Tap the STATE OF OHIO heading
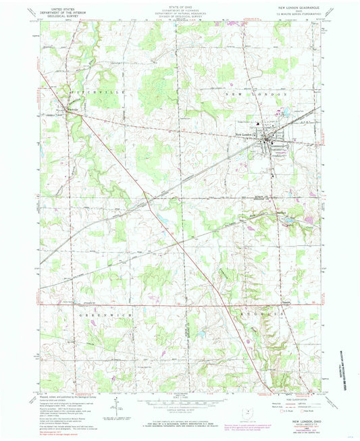pos(180,4)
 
